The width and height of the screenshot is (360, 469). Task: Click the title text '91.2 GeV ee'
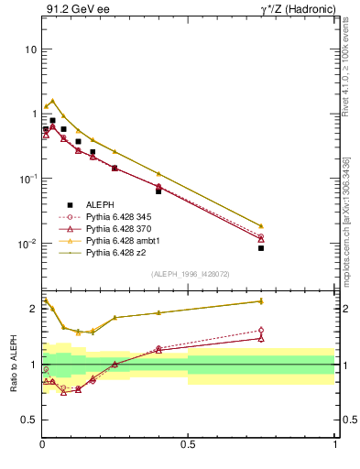click(71, 10)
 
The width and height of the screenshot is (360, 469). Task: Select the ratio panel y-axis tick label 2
click(33, 309)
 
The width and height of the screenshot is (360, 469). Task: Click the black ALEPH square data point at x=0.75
click(261, 248)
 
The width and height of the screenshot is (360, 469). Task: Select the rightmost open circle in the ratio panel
click(261, 330)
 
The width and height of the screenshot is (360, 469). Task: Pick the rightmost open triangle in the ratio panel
click(261, 338)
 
